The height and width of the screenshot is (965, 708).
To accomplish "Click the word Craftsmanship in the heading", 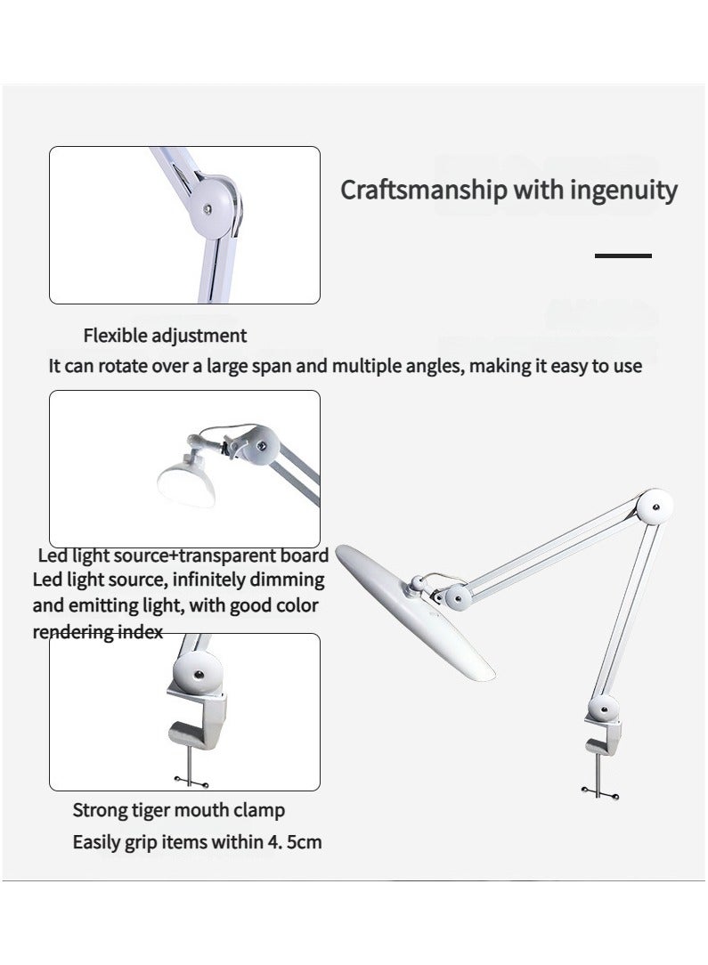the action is [424, 190].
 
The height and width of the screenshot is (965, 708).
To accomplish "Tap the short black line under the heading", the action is [623, 255].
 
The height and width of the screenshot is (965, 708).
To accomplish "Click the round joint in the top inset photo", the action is [213, 207].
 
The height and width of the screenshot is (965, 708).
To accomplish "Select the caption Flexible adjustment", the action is [165, 336].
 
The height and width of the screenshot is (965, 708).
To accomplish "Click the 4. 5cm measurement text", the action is [294, 842].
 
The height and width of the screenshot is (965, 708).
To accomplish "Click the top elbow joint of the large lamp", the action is [655, 507].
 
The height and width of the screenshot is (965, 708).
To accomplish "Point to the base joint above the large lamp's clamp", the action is [603, 710].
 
